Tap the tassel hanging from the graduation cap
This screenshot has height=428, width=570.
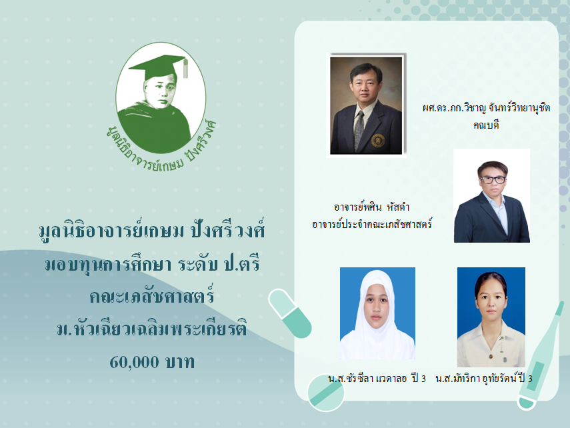pyautogui.click(x=185, y=68)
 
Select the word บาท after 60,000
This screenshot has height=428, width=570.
pyautogui.click(x=180, y=362)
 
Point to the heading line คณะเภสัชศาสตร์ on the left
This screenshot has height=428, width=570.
pyautogui.click(x=152, y=295)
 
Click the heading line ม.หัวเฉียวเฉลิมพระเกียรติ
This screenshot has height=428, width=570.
pyautogui.click(x=152, y=329)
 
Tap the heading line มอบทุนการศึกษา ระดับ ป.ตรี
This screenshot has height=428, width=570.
pyautogui.click(x=153, y=263)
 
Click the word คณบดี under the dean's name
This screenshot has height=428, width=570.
pyautogui.click(x=486, y=125)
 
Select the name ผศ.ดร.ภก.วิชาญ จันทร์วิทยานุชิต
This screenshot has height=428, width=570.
pyautogui.click(x=486, y=107)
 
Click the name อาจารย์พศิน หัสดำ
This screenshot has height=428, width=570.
pyautogui.click(x=371, y=207)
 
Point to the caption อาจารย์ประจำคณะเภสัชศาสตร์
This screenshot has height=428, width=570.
pyautogui.click(x=371, y=224)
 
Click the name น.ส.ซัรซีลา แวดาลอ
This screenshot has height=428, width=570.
pyautogui.click(x=367, y=379)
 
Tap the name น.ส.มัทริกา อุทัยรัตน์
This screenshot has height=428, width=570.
pyautogui.click(x=476, y=379)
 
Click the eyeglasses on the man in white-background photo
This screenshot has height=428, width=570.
pyautogui.click(x=493, y=179)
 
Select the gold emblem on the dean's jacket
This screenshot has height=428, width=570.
pyautogui.click(x=378, y=141)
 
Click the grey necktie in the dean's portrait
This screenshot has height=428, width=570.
pyautogui.click(x=359, y=130)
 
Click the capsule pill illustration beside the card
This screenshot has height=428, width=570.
pyautogui.click(x=290, y=313)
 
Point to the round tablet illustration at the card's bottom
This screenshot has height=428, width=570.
pyautogui.click(x=326, y=393)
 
